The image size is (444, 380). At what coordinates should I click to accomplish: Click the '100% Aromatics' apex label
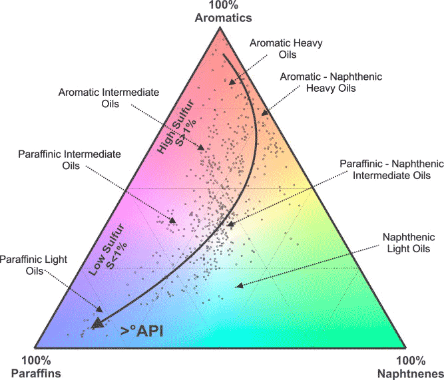tap(223, 11)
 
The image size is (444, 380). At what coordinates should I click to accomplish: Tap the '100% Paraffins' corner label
tap(36, 367)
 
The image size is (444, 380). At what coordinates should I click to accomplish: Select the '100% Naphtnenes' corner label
tap(410, 367)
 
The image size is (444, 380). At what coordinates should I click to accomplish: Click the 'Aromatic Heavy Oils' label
tap(286, 49)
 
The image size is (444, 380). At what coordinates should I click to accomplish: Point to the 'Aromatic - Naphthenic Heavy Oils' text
tap(331, 82)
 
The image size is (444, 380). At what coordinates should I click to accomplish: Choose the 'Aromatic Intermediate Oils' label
tap(109, 98)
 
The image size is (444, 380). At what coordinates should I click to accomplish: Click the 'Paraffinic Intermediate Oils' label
tap(70, 160)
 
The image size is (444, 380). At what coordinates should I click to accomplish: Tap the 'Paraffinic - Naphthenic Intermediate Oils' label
tap(391, 169)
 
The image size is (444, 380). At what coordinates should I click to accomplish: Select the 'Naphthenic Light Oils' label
tap(409, 243)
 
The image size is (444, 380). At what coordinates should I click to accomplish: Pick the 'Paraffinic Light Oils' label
tap(34, 265)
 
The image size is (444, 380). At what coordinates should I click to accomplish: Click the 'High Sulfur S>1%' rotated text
tap(176, 126)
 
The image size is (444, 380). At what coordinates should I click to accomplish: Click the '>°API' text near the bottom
tap(142, 331)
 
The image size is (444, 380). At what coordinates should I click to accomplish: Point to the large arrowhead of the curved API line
tap(98, 323)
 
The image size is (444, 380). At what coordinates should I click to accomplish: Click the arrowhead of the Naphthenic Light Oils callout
tap(239, 286)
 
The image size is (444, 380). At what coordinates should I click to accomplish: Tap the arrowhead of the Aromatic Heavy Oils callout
tap(232, 82)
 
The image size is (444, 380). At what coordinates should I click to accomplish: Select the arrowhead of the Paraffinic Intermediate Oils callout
tap(172, 220)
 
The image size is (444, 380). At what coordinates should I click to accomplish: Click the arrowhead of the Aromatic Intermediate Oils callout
tap(201, 147)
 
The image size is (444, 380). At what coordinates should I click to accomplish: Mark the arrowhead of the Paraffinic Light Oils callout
tap(99, 309)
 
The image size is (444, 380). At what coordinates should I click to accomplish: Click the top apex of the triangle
tap(220, 27)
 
